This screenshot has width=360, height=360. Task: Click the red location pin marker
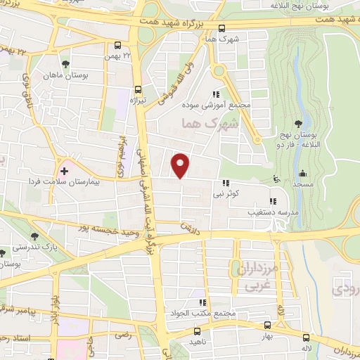click(x=181, y=165)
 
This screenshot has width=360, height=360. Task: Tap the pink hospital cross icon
click(x=64, y=170)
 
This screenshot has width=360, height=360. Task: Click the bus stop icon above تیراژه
click(x=138, y=90)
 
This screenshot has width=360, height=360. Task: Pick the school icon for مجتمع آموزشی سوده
click(x=217, y=94)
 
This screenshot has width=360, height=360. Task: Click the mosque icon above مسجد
click(x=303, y=174)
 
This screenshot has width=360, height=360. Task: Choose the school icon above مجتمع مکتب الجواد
click(x=202, y=302)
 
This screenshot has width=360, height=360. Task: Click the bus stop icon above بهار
click(x=267, y=325)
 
